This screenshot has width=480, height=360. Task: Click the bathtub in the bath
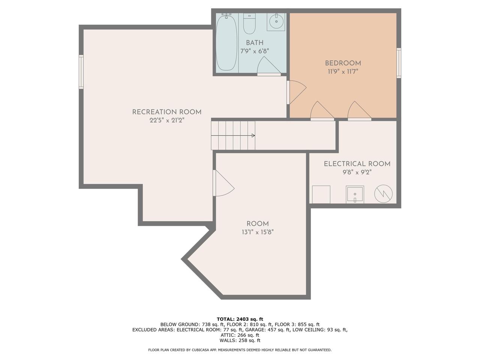pyautogui.click(x=226, y=42)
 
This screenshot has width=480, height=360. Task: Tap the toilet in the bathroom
pyautogui.click(x=249, y=24)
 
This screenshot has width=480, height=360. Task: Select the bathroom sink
pyautogui.click(x=276, y=22)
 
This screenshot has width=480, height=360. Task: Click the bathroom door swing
pyautogui.click(x=268, y=66)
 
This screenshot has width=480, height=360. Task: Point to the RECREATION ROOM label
pyautogui.click(x=166, y=112)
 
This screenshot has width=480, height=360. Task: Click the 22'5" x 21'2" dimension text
pyautogui.click(x=166, y=120)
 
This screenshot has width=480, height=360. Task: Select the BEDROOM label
pyautogui.click(x=343, y=63)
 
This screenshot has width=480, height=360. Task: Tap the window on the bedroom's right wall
pyautogui.click(x=399, y=63)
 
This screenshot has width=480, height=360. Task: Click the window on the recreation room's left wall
pyautogui.click(x=81, y=72)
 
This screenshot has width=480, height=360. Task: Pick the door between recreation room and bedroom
pyautogui.click(x=296, y=91)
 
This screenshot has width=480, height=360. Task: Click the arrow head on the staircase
pyautogui.click(x=253, y=135)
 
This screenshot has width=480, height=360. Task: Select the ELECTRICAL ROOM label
pyautogui.click(x=357, y=164)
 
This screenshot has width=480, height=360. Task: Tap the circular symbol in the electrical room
pyautogui.click(x=383, y=194)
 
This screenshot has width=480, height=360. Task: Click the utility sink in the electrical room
pyautogui.click(x=355, y=195)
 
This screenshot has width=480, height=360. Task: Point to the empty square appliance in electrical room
pyautogui.click(x=321, y=195)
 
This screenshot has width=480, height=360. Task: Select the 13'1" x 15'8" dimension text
pyautogui.click(x=258, y=232)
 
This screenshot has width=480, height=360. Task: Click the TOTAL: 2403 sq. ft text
pyautogui.click(x=240, y=319)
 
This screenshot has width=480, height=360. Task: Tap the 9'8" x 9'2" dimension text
pyautogui.click(x=357, y=172)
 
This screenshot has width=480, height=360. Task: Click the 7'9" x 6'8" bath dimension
pyautogui.click(x=255, y=51)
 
